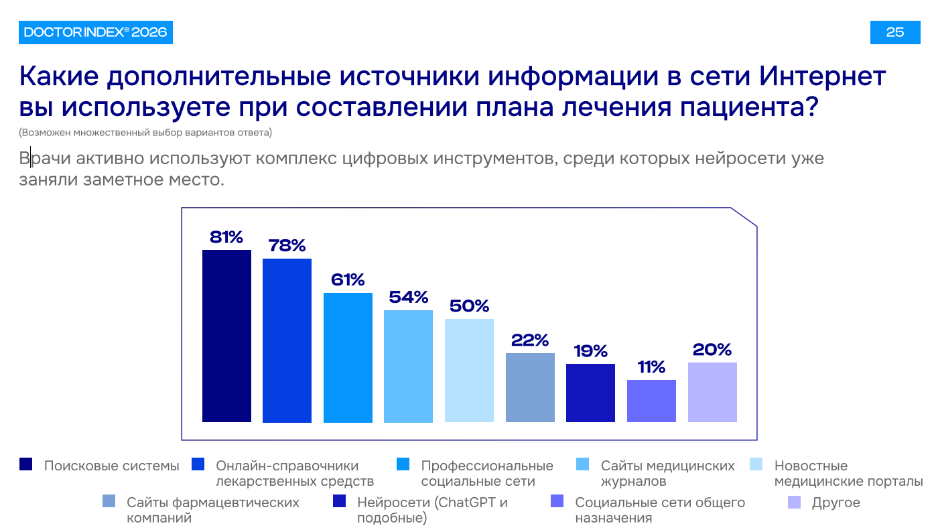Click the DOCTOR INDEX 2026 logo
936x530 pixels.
[x=95, y=32]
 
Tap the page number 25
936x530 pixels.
[x=894, y=32]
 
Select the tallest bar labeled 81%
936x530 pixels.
[x=226, y=336]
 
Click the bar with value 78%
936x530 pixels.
[x=287, y=340]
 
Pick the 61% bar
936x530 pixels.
[x=348, y=357]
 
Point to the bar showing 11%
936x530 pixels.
[x=651, y=401]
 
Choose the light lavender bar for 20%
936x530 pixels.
[x=712, y=392]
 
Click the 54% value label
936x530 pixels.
[x=408, y=297]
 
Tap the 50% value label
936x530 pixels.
[x=469, y=306]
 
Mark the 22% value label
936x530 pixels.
[x=530, y=340]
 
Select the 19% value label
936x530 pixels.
[x=590, y=351]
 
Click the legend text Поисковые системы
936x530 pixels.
[x=111, y=466]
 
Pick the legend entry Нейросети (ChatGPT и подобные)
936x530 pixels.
[x=432, y=510]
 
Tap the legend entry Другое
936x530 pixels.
[x=835, y=503]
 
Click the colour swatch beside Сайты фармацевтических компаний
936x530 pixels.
[x=109, y=502]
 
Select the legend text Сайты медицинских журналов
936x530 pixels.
[x=667, y=473]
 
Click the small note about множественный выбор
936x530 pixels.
[x=145, y=132]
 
